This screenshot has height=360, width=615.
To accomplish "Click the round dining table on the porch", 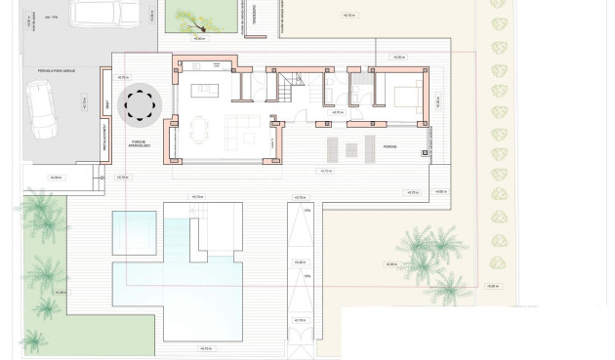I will [x=138, y=103].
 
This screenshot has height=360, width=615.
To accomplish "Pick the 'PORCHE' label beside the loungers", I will [x=389, y=147].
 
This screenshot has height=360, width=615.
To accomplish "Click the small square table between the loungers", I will [x=349, y=148].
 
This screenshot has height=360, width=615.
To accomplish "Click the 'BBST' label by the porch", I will [x=107, y=103].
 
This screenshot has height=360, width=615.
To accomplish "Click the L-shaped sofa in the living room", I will [x=244, y=128].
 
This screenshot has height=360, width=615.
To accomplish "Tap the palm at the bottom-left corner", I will [x=32, y=340].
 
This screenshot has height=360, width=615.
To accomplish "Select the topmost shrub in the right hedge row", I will [x=499, y=4].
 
